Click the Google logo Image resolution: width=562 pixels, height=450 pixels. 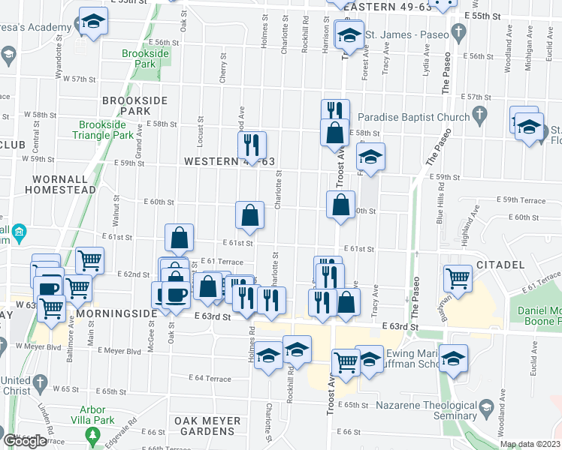pyautogui.click(x=25, y=441)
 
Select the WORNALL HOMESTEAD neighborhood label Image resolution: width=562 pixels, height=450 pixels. pyautogui.click(x=64, y=184)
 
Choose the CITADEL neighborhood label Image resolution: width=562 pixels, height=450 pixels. pyautogui.click(x=500, y=265)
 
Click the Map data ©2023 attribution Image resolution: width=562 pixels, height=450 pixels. pyautogui.click(x=530, y=444)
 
